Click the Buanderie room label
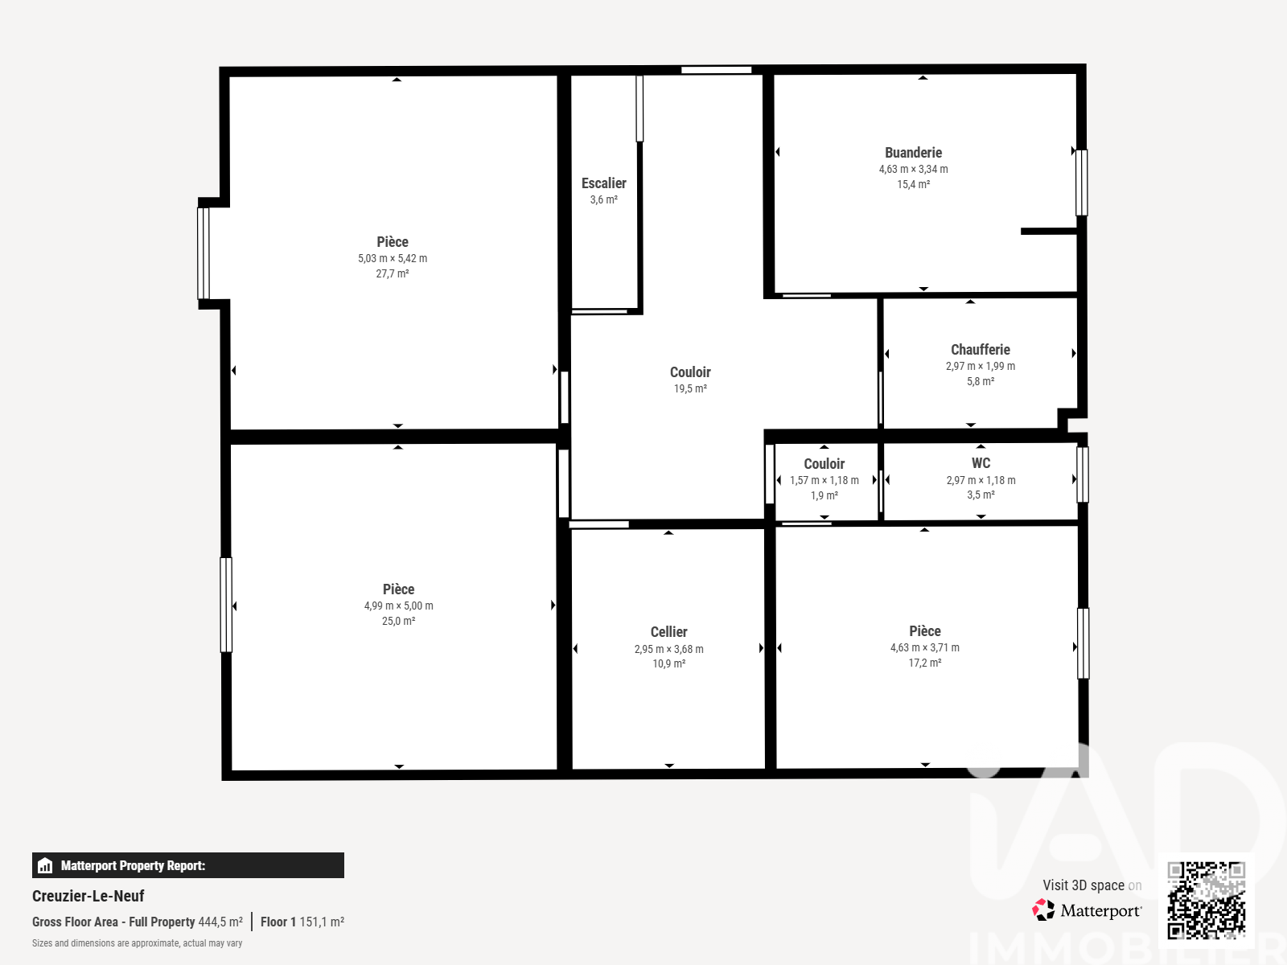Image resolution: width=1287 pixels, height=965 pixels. pyautogui.click(x=913, y=153)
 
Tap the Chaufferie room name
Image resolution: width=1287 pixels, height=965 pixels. pyautogui.click(x=981, y=350)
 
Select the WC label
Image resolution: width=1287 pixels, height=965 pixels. pyautogui.click(x=981, y=463)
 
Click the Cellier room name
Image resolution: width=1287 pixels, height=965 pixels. pyautogui.click(x=668, y=631)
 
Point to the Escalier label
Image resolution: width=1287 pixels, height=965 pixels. pyautogui.click(x=604, y=183)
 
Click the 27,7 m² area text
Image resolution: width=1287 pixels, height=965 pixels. pyautogui.click(x=393, y=273)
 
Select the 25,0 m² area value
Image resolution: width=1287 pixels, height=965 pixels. pyautogui.click(x=399, y=621)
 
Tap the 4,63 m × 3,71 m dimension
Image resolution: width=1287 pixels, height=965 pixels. pyautogui.click(x=925, y=647)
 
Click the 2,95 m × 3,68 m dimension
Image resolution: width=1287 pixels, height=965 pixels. pyautogui.click(x=668, y=649)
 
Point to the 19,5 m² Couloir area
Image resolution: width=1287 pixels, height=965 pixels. pyautogui.click(x=690, y=388)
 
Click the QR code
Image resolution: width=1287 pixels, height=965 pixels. pyautogui.click(x=1206, y=900)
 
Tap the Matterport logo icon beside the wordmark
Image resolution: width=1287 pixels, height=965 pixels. pyautogui.click(x=1043, y=910)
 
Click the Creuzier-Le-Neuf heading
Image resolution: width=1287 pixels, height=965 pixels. pyautogui.click(x=88, y=896)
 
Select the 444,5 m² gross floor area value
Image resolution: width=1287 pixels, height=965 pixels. pyautogui.click(x=220, y=922)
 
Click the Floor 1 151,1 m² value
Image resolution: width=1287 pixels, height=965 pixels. pyautogui.click(x=302, y=922)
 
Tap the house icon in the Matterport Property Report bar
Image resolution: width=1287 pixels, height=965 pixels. pyautogui.click(x=45, y=865)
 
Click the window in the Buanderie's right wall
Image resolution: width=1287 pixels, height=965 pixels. pyautogui.click(x=1081, y=183)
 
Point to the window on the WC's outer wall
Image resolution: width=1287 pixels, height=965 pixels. pyautogui.click(x=1083, y=474)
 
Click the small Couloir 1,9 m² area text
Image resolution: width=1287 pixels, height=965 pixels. pyautogui.click(x=824, y=495)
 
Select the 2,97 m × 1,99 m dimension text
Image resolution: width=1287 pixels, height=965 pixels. pyautogui.click(x=981, y=366)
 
